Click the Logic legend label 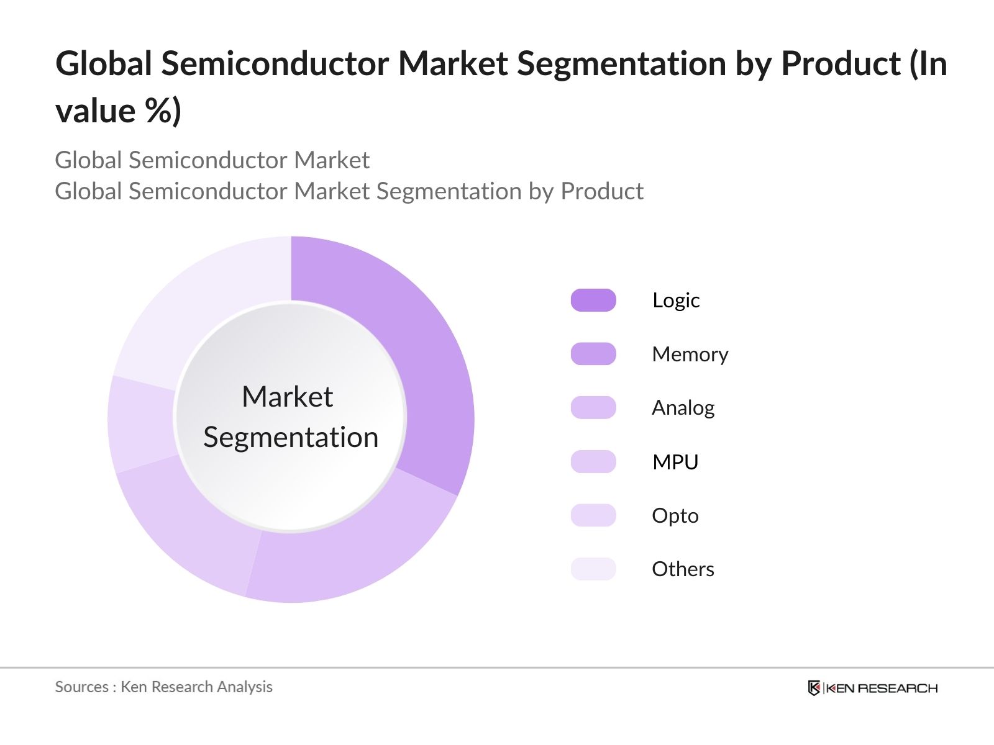point(676,300)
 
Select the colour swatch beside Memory point(593,354)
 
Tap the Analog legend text point(683,408)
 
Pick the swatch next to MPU point(593,462)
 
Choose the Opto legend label point(675,516)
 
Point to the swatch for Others point(593,569)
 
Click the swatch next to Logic point(593,300)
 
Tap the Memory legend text point(690,354)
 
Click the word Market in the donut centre point(287,397)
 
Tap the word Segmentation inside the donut point(291,438)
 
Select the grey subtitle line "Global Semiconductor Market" point(212,160)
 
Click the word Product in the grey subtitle point(601,191)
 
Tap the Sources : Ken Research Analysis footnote point(163,687)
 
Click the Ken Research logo point(872,688)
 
